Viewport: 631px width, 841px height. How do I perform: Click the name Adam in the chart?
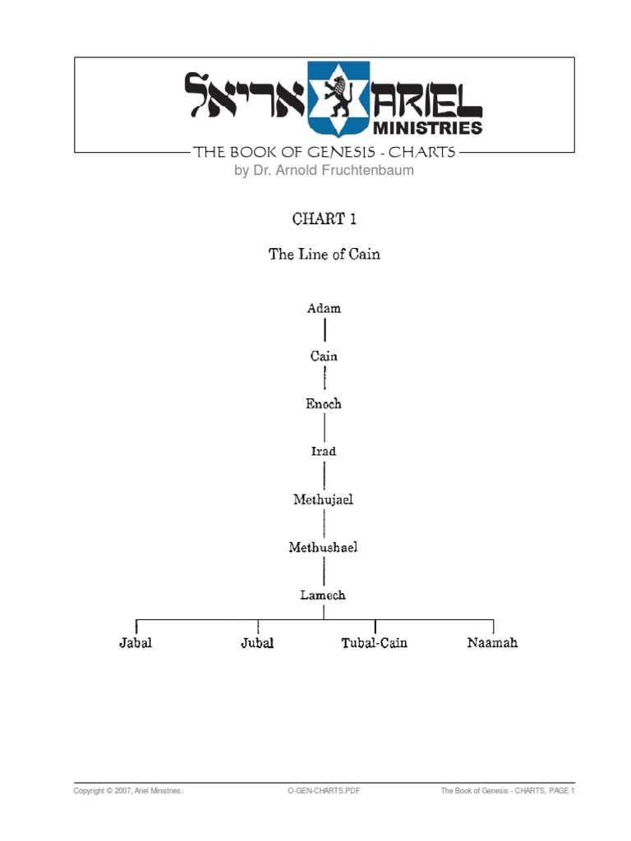point(324,309)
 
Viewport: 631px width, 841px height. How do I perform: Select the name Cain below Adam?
point(324,356)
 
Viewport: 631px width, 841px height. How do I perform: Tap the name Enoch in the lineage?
point(324,404)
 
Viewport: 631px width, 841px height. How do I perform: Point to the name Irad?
point(324,452)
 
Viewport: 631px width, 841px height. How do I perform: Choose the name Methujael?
point(324,499)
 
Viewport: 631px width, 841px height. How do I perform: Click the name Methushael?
point(324,547)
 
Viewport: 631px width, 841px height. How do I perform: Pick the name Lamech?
point(324,595)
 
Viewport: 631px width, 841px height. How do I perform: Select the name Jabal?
point(136,643)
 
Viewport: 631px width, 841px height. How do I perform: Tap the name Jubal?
point(257,643)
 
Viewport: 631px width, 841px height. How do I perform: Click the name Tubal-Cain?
point(375,643)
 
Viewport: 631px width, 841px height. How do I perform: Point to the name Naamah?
point(493,643)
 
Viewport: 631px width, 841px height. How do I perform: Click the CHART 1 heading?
point(324,219)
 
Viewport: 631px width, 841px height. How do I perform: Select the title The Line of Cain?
point(324,255)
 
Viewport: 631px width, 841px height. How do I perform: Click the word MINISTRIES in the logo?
point(428,127)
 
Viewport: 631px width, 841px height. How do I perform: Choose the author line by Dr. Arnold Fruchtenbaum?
point(324,171)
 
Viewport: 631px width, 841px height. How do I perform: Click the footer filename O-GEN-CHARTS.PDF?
point(323,791)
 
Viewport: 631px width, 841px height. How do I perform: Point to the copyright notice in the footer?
point(128,791)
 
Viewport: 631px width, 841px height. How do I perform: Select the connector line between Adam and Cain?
point(325,332)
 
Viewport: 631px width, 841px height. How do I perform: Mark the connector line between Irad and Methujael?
point(325,476)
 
